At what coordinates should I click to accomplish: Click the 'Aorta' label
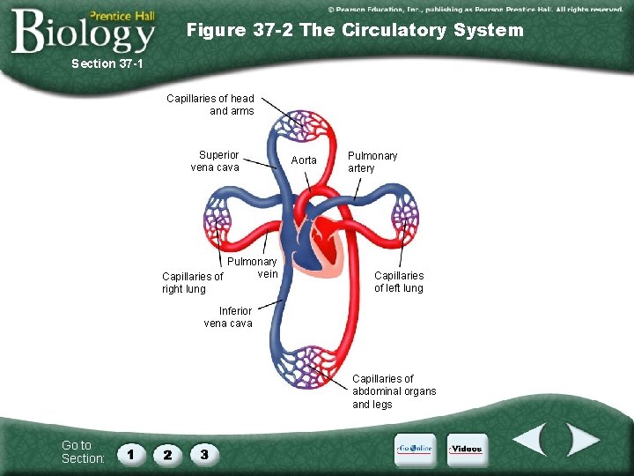point(304,160)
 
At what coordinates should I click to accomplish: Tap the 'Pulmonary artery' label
point(372,161)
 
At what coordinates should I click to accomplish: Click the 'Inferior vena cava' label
point(228,316)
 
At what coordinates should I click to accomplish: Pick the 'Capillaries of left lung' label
point(398,282)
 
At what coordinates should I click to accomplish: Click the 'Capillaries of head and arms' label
point(210,104)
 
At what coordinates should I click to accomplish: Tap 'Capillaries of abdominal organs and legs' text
point(394,391)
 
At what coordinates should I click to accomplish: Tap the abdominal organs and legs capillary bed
point(305,367)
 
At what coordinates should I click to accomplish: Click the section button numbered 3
point(204,454)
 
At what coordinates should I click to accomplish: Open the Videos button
point(466,450)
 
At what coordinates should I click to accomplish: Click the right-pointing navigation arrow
point(582,440)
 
